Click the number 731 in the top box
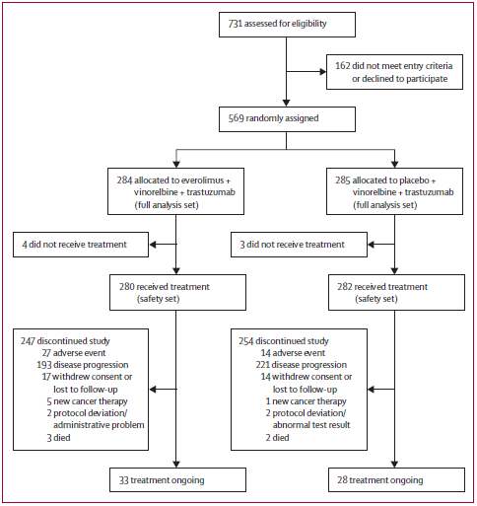235,24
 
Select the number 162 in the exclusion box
343,66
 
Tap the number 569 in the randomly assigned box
236,118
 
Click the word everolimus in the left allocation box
202,181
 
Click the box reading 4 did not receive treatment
81,245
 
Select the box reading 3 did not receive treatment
299,245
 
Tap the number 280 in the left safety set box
127,287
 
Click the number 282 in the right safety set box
345,287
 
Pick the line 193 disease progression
83,365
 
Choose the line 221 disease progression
302,365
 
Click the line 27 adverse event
74,353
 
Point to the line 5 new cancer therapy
87,401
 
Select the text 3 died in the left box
58,438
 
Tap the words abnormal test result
311,425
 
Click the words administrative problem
99,425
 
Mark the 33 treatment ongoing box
177,480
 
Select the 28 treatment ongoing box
396,480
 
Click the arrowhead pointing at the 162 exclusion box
323,72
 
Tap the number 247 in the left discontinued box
28,341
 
